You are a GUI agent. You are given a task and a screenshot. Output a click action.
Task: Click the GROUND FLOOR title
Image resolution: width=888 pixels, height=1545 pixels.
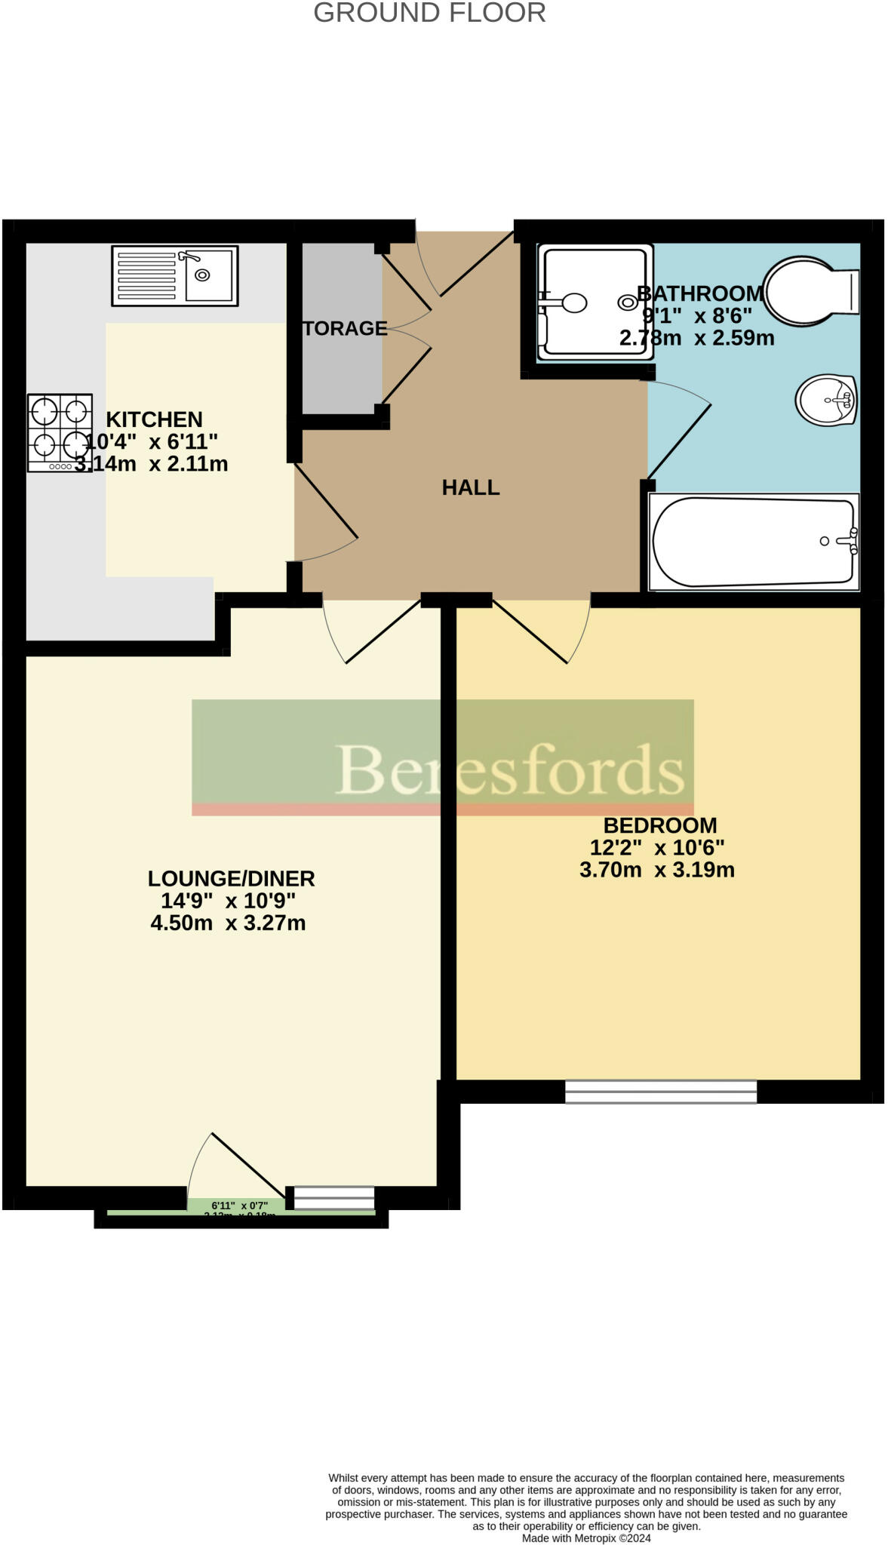[429, 13]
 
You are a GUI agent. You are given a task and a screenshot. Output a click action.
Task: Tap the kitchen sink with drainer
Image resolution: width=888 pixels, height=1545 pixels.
[174, 275]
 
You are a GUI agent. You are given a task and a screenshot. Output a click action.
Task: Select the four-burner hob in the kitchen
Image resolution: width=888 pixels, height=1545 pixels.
[60, 432]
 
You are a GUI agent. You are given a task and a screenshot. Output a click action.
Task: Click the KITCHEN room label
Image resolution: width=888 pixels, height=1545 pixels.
[154, 419]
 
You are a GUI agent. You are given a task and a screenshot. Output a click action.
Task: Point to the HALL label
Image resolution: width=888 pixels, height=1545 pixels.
[471, 487]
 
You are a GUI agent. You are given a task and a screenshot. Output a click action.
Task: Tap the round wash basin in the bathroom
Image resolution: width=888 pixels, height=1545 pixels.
[826, 400]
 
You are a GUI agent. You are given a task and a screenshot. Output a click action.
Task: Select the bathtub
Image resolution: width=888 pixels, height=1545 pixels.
[754, 542]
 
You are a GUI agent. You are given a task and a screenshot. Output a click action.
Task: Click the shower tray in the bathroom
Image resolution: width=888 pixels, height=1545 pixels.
[595, 302]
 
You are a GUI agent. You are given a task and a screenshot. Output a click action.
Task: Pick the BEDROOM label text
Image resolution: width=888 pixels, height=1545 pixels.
[660, 825]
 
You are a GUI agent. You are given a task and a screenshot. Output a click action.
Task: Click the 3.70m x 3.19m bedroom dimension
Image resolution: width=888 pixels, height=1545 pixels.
[656, 870]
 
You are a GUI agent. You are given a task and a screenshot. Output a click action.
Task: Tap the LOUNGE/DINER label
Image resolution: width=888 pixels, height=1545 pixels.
[231, 878]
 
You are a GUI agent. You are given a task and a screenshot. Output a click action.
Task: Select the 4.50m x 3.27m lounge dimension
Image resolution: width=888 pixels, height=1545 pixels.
[228, 923]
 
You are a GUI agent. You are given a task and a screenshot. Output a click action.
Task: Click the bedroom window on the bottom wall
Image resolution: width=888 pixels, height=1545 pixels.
[661, 1092]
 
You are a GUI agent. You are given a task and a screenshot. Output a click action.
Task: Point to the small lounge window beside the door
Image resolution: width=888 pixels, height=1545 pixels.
[333, 1197]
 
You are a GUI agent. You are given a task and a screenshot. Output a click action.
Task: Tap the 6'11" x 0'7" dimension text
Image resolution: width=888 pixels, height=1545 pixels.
[239, 1206]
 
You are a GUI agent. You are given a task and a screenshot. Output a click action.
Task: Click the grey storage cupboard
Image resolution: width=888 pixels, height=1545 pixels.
[342, 328]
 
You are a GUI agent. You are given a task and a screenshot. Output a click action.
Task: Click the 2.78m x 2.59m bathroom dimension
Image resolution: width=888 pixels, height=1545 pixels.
[696, 338]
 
